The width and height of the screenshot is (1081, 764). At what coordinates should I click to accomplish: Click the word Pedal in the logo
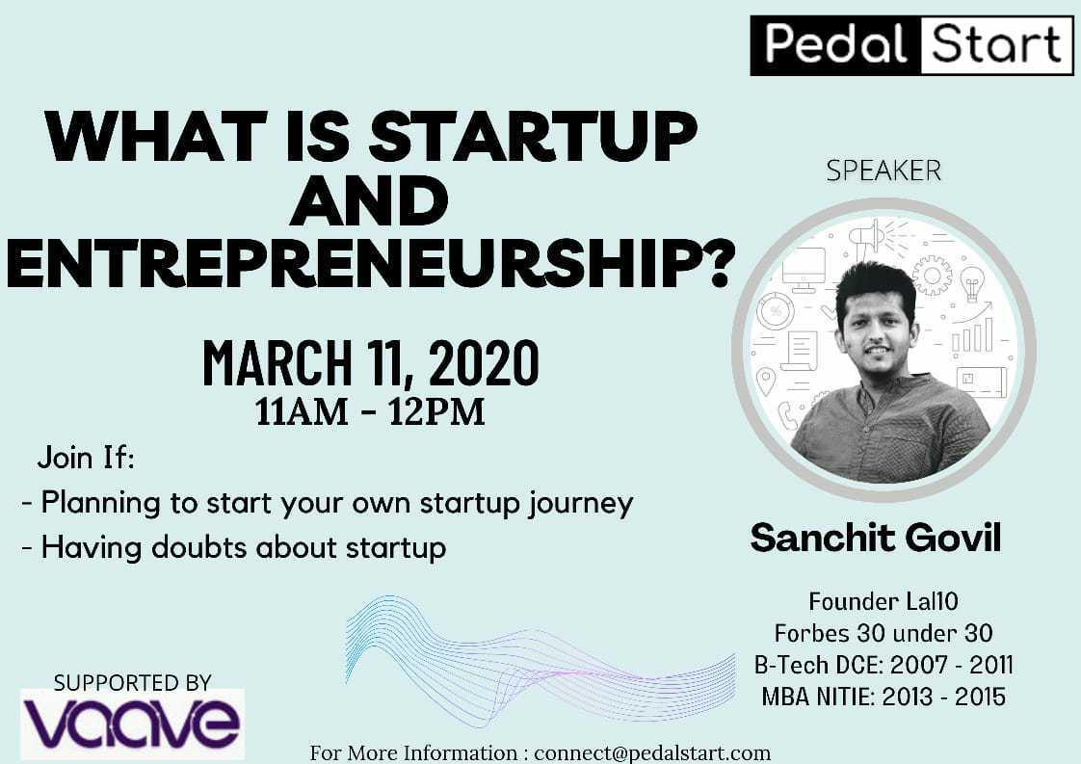click(835, 44)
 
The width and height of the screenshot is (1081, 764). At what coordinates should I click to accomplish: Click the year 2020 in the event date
click(484, 362)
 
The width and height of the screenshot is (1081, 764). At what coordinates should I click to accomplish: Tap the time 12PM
click(436, 411)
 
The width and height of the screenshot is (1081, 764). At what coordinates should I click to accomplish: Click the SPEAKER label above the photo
click(883, 171)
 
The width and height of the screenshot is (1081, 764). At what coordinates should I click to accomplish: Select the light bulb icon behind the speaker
click(972, 283)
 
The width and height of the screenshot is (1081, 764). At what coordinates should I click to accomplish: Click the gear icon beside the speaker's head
click(932, 275)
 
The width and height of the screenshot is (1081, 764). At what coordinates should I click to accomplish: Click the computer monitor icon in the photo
click(804, 269)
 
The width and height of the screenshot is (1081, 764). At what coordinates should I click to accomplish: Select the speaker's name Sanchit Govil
click(876, 538)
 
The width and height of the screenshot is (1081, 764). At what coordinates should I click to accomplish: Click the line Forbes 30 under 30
click(883, 632)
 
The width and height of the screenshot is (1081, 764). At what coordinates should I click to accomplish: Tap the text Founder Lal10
click(883, 601)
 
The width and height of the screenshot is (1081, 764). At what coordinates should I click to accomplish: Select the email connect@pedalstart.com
click(652, 753)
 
